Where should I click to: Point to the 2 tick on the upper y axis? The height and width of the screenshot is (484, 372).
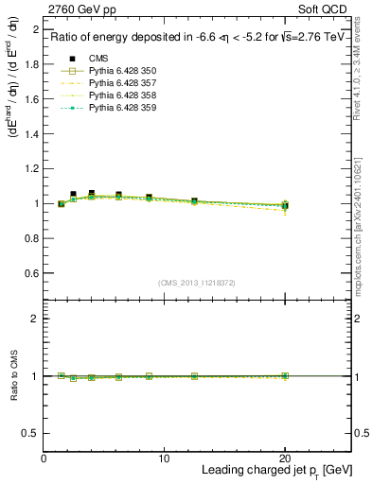(x=35, y=31)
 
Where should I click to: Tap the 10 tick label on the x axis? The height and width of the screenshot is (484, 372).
(x=164, y=458)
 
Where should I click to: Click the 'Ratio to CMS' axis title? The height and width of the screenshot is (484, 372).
(x=12, y=376)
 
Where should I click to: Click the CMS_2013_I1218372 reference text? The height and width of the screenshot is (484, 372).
(x=197, y=283)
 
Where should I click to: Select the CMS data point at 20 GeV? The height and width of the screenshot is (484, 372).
(x=284, y=205)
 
